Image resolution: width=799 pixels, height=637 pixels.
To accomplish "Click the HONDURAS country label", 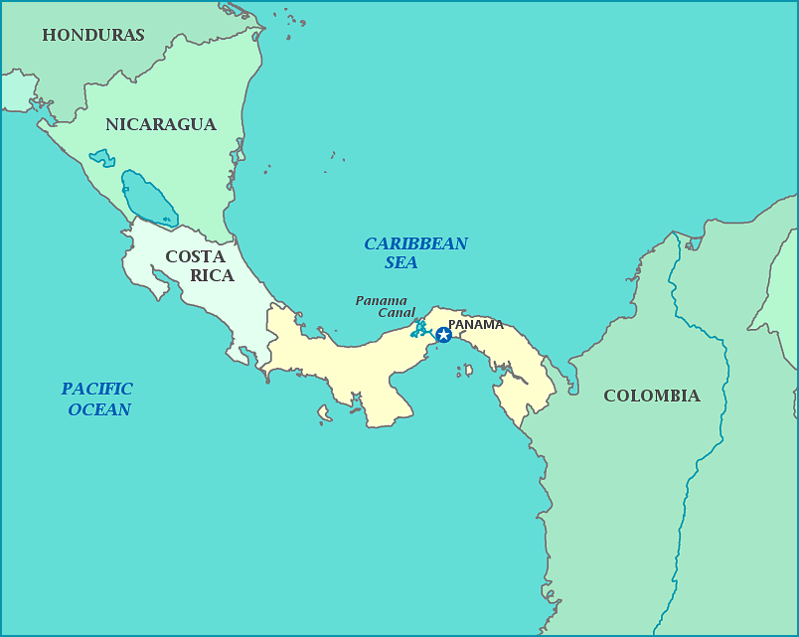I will click(93, 35).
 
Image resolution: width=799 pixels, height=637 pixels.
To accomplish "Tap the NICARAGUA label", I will click(160, 124).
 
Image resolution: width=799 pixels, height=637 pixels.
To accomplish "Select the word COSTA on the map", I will click(195, 256).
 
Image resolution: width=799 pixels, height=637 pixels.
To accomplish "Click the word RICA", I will click(212, 275).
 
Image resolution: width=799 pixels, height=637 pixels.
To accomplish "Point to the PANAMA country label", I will click(475, 324).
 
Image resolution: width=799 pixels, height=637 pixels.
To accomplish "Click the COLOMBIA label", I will click(651, 396).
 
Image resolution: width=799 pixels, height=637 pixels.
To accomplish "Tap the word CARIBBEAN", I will click(415, 243).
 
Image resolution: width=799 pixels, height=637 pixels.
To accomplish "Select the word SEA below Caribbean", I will click(401, 263).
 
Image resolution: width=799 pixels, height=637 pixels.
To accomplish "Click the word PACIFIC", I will click(96, 389).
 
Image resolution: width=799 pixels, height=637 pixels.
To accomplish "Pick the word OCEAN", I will click(98, 409).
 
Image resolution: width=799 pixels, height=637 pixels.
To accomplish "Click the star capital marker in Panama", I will click(443, 335).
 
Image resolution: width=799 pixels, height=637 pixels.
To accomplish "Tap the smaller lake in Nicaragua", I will click(101, 157).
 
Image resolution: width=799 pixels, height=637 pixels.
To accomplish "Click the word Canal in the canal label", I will click(396, 312).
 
